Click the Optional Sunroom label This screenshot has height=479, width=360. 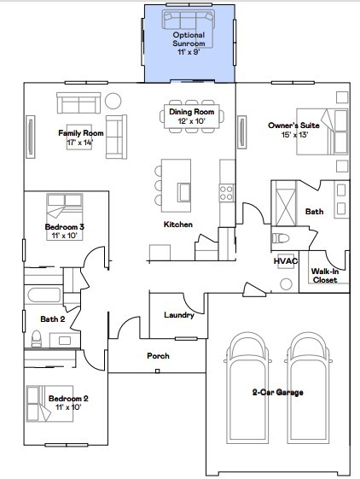click(189, 39)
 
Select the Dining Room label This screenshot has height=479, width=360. click(192, 116)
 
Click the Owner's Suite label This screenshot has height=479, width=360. click(287, 131)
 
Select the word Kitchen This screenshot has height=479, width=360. click(178, 225)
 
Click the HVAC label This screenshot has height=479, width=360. click(284, 261)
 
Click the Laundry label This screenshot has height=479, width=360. click(179, 315)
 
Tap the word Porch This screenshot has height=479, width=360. click(158, 355)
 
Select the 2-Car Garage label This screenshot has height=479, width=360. click(278, 392)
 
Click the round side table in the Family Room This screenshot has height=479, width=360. click(113, 100)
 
